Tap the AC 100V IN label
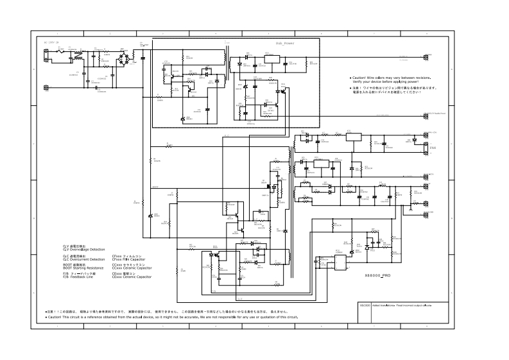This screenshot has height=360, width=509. [51, 42]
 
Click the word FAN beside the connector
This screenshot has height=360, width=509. [432, 148]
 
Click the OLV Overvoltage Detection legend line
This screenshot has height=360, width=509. [83, 249]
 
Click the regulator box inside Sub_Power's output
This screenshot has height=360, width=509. [272, 58]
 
